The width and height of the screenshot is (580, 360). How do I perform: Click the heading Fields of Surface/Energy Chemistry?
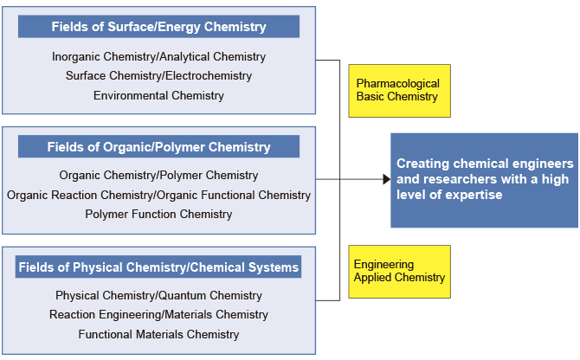click(158, 27)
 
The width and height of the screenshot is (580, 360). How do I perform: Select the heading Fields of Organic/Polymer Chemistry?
click(158, 147)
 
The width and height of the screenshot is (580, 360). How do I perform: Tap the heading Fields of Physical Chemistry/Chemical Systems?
click(158, 267)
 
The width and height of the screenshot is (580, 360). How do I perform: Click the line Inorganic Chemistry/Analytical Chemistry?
click(158, 56)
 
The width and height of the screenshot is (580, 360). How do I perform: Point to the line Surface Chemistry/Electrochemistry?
click(158, 76)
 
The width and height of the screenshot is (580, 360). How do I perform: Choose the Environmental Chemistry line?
click(158, 95)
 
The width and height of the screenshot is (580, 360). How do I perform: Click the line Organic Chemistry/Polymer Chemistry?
click(158, 176)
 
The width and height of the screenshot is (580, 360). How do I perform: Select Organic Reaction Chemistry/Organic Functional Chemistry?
click(158, 195)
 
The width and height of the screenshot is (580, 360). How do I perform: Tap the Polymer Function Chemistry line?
click(158, 214)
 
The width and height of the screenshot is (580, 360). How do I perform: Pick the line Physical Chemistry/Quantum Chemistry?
click(158, 295)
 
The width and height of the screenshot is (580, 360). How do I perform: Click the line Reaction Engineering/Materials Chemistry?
click(158, 314)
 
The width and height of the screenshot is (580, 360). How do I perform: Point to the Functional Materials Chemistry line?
click(158, 334)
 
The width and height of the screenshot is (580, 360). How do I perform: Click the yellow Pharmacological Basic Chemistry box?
click(399, 91)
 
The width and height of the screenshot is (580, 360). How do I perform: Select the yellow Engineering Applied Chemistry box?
click(399, 272)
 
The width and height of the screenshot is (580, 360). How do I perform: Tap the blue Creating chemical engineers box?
click(484, 180)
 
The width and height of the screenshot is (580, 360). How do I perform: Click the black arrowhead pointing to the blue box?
click(386, 180)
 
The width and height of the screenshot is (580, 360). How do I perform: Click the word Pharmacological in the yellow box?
click(398, 84)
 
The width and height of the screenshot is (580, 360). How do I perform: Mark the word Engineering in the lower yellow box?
click(383, 265)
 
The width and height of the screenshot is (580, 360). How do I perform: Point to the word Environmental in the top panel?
click(130, 95)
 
